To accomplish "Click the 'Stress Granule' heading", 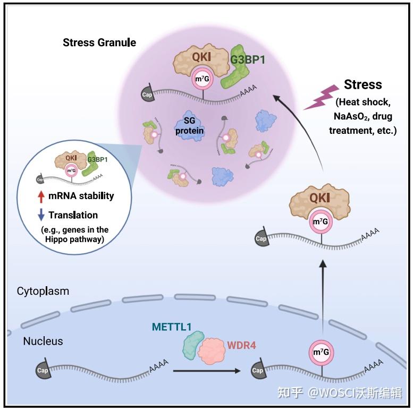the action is click(x=99, y=42).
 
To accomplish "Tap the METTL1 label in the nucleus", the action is click(x=172, y=327).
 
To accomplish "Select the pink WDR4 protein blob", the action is click(x=211, y=351).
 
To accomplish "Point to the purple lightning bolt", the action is click(x=322, y=97).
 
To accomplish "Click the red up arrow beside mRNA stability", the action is click(x=41, y=197).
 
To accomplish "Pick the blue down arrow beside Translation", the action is click(x=41, y=215).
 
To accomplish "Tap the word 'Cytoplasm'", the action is click(x=43, y=292).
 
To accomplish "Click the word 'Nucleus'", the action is click(x=43, y=341).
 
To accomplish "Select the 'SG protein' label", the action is click(x=189, y=125).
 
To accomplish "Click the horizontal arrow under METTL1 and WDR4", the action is click(x=207, y=371).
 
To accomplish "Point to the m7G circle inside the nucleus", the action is click(x=321, y=352).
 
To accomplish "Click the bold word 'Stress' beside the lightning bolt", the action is click(x=363, y=84).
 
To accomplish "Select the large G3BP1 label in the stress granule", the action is click(x=248, y=60).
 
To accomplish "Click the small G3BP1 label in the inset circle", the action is click(x=97, y=159).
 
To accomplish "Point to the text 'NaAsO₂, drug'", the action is click(x=363, y=116).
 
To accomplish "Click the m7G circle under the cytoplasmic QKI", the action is click(x=321, y=221).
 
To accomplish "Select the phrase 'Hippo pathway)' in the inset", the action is click(x=75, y=240).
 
